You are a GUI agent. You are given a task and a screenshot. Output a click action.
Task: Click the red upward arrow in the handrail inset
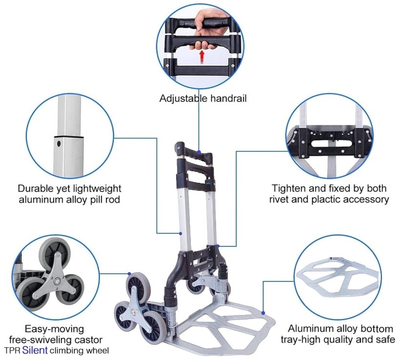pos(202,57)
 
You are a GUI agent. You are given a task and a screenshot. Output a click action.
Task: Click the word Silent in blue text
pos(35,350)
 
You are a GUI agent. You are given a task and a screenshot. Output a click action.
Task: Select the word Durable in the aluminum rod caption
pos(35,188)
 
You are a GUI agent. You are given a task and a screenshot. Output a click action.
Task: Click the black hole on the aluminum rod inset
pos(59,144)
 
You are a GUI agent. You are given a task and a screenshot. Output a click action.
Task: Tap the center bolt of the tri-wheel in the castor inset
pos(57,281)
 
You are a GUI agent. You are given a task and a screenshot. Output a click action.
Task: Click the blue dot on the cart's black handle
pos(199,152)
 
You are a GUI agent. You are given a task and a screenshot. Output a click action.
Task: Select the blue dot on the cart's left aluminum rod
pos(180,233)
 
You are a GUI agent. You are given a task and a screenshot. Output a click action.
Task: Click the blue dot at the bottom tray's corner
pos(263,313)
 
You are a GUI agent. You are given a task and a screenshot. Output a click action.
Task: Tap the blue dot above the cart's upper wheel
pos(130,274)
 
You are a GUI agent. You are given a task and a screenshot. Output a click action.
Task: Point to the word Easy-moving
pos(54,329)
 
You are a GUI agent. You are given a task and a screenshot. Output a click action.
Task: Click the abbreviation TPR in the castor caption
pos(12,351)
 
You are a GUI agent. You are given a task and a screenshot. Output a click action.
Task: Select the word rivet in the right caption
pos(279,200)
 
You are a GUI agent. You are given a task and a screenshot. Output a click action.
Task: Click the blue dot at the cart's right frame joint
pos(218,246)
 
